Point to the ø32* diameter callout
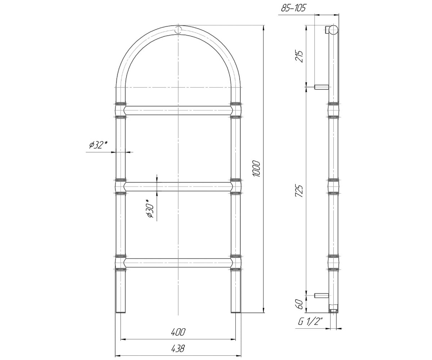99,145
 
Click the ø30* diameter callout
150,208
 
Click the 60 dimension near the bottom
300,304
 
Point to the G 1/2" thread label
310,322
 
